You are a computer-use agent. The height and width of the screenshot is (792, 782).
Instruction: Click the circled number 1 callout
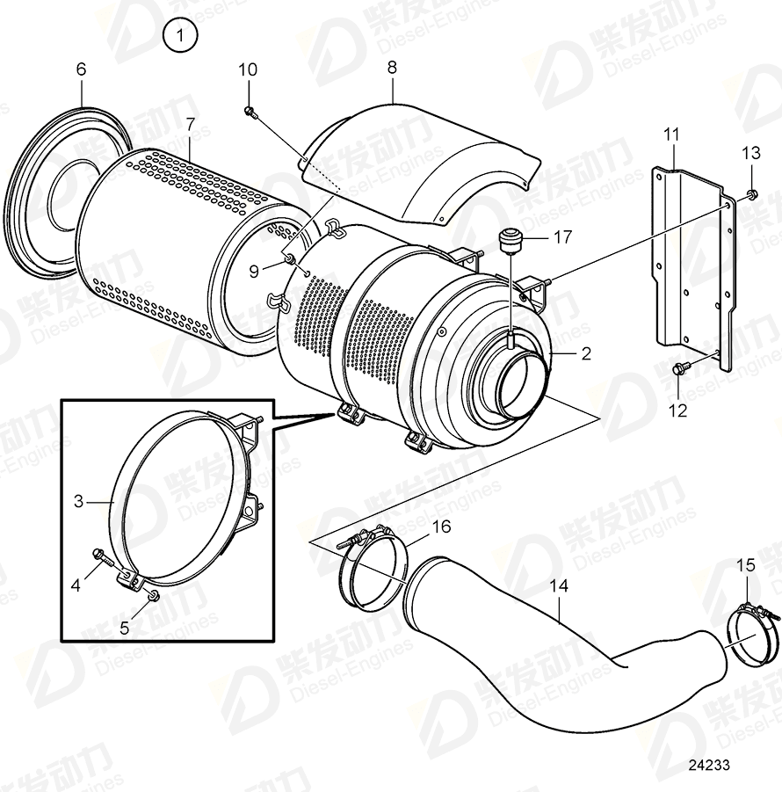click(x=181, y=36)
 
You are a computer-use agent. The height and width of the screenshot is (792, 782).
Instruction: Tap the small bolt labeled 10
click(x=250, y=112)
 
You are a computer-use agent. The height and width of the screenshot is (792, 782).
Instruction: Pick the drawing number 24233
click(x=708, y=766)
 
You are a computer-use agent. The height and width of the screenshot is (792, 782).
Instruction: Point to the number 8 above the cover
click(x=392, y=67)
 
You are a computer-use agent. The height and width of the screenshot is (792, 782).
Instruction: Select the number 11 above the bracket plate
click(x=671, y=134)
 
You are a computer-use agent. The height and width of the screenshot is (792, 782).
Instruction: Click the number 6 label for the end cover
click(x=81, y=68)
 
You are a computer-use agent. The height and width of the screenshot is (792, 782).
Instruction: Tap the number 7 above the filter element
click(x=190, y=124)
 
